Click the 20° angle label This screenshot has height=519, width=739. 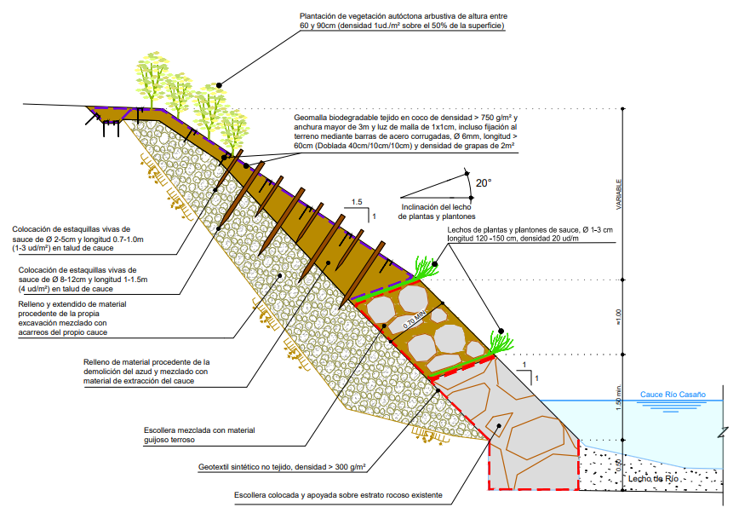pos(484,183)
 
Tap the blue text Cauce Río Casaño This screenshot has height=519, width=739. pos(673,395)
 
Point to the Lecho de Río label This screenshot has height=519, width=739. pos(653,479)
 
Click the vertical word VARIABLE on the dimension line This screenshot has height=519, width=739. pos(619,194)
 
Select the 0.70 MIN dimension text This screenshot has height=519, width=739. pos(415,320)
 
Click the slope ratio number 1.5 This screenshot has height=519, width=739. pos(357,202)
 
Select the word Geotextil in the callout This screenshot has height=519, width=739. pos(215,467)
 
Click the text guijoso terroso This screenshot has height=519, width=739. pos(169,440)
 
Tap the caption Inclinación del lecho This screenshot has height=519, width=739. pos(436,207)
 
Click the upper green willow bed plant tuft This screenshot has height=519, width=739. pos(426,268)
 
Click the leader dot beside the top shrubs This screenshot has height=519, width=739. pos(219,85)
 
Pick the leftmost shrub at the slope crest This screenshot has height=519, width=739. pos(152,80)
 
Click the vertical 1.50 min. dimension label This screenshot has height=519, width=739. pos(619,398)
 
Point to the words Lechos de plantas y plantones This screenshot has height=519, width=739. pos(500,230)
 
